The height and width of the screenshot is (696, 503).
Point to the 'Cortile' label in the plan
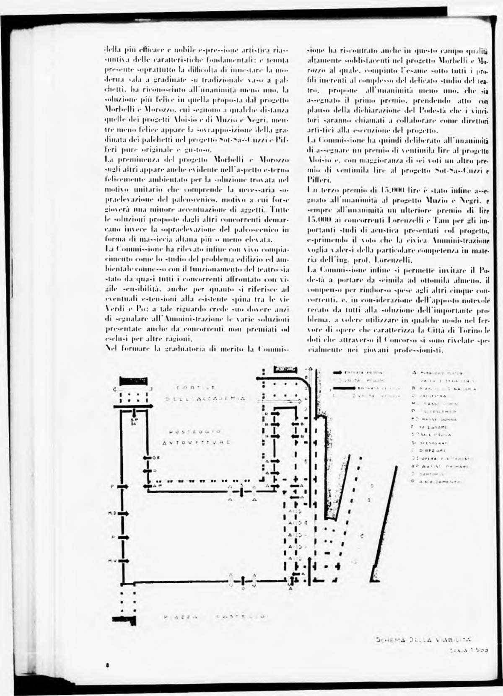196,387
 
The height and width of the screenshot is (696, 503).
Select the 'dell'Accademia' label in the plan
206,399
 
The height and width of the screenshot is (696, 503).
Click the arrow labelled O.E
148,458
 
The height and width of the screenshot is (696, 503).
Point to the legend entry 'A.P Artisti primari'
440,466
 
